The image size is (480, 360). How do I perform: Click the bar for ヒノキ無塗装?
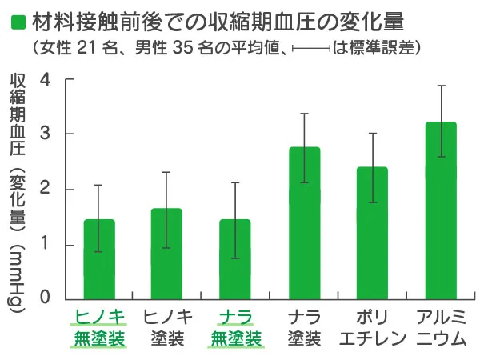point(98,260)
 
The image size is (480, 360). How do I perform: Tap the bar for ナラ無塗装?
point(234,260)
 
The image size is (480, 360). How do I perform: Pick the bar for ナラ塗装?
point(304,224)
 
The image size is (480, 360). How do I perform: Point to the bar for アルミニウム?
point(442,211)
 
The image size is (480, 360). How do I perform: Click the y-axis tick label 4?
point(46,80)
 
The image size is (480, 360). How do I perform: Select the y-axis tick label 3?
point(46,134)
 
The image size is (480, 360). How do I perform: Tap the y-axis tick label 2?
point(46,190)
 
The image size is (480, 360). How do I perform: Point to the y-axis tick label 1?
point(46,245)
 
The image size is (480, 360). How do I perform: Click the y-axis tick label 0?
point(46,299)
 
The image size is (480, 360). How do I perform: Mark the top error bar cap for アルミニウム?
point(442,86)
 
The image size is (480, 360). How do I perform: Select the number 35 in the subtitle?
point(183,46)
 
